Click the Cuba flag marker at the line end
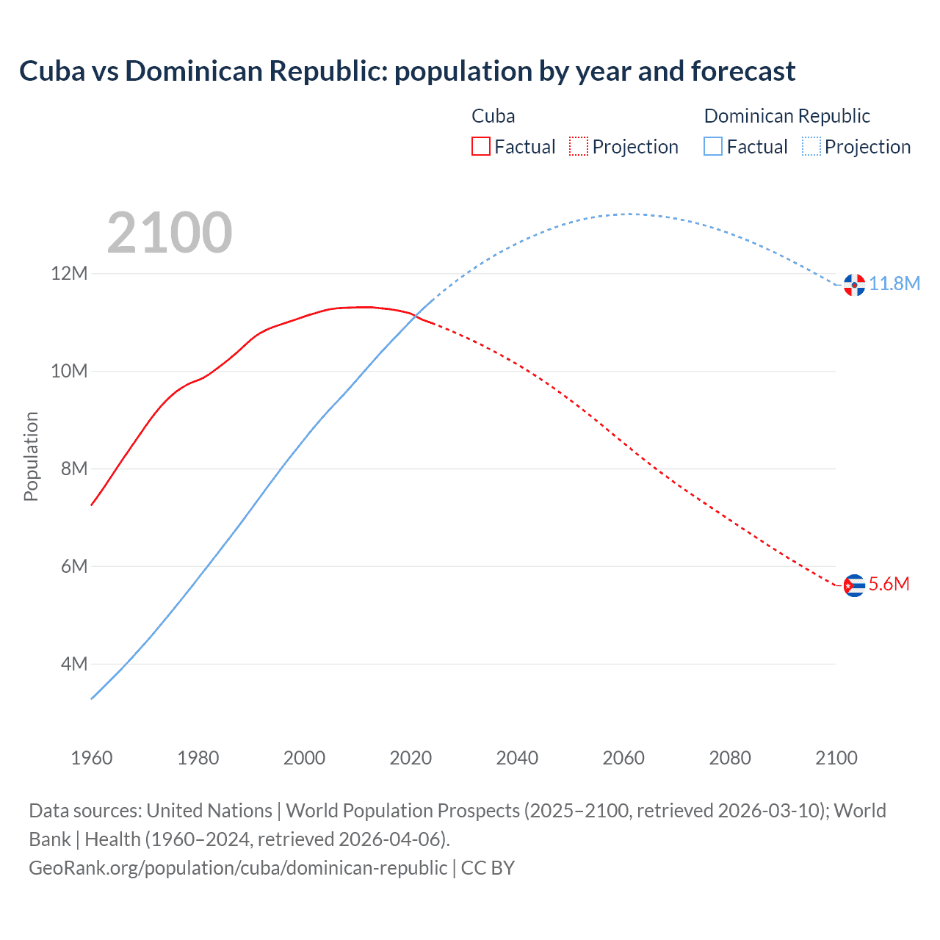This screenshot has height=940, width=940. [x=854, y=585]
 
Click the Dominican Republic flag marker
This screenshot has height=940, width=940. [x=854, y=285]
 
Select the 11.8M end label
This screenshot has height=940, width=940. [x=894, y=283]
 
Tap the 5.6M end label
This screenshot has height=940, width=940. [x=889, y=584]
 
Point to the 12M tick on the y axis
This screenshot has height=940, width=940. [x=69, y=273]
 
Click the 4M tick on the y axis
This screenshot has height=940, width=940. [x=73, y=664]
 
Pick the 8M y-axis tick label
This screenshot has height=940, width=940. [x=73, y=469]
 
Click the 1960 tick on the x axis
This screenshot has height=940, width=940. [x=92, y=758]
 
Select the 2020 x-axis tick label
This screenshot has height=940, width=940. [x=411, y=758]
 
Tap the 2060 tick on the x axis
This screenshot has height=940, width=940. [x=623, y=758]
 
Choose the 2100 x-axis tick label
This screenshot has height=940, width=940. [x=836, y=758]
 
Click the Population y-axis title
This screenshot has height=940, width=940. [x=31, y=456]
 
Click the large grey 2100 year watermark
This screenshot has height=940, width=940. [x=170, y=233]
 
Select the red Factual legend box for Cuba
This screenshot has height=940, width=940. [x=480, y=146]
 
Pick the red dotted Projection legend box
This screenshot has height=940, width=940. [x=579, y=146]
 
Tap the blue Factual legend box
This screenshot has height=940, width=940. [x=713, y=146]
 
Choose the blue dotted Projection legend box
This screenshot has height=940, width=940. [x=811, y=146]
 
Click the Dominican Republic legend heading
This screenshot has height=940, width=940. [x=787, y=116]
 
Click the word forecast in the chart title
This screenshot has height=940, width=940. [x=742, y=71]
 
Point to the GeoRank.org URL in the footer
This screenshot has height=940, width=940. [x=238, y=867]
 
